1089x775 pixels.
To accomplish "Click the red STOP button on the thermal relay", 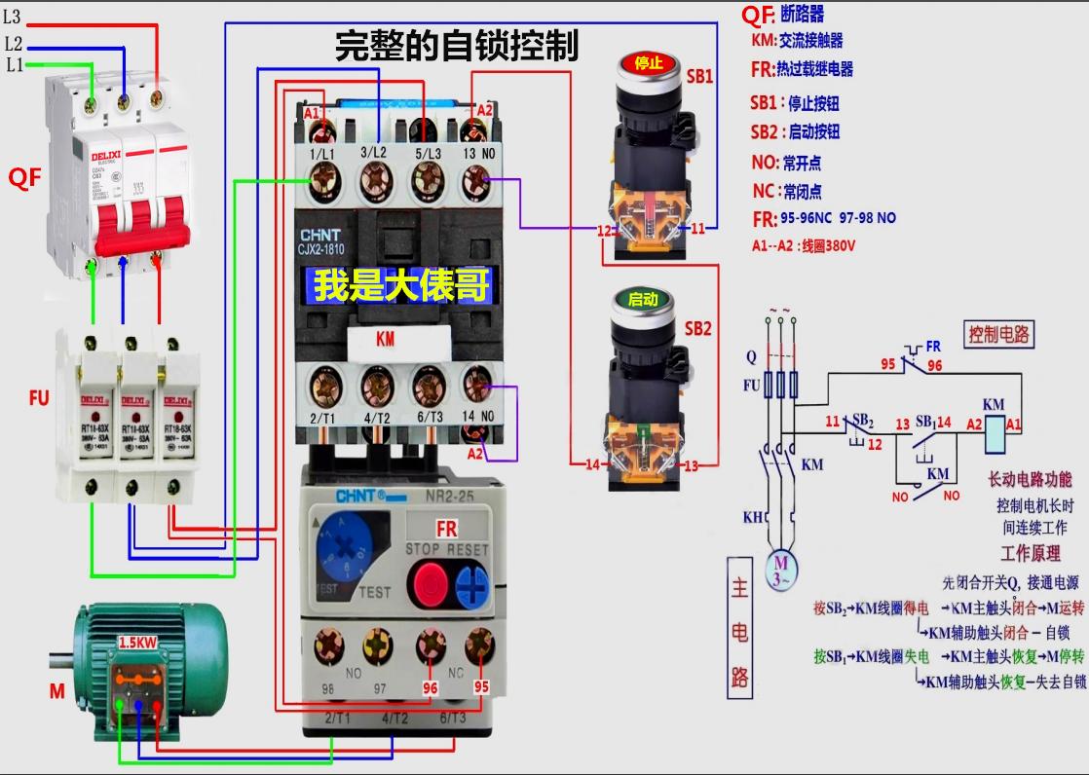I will (430, 583).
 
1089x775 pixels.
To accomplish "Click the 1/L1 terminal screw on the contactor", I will (321, 180).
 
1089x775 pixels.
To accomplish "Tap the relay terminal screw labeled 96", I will (430, 645).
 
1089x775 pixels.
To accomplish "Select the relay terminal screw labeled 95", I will (478, 645).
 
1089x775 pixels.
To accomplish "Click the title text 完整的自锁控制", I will (457, 46).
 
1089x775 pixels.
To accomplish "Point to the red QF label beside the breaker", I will (25, 177).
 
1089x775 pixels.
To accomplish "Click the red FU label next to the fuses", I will (39, 398).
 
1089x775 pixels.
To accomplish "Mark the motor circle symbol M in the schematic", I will (780, 569).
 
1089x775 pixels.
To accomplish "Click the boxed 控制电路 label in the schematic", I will (998, 334).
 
